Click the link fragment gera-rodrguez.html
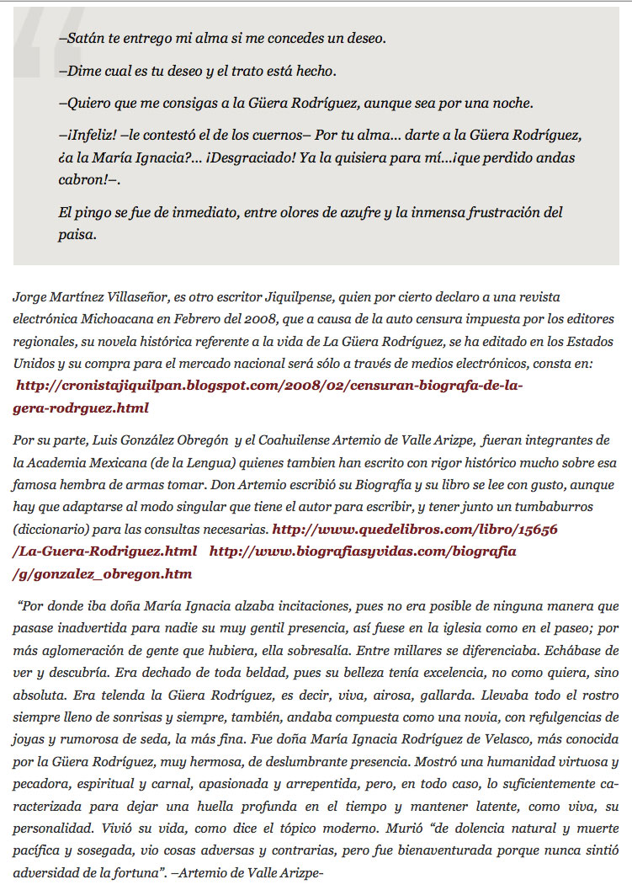[81, 408]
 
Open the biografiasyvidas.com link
[362, 552]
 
